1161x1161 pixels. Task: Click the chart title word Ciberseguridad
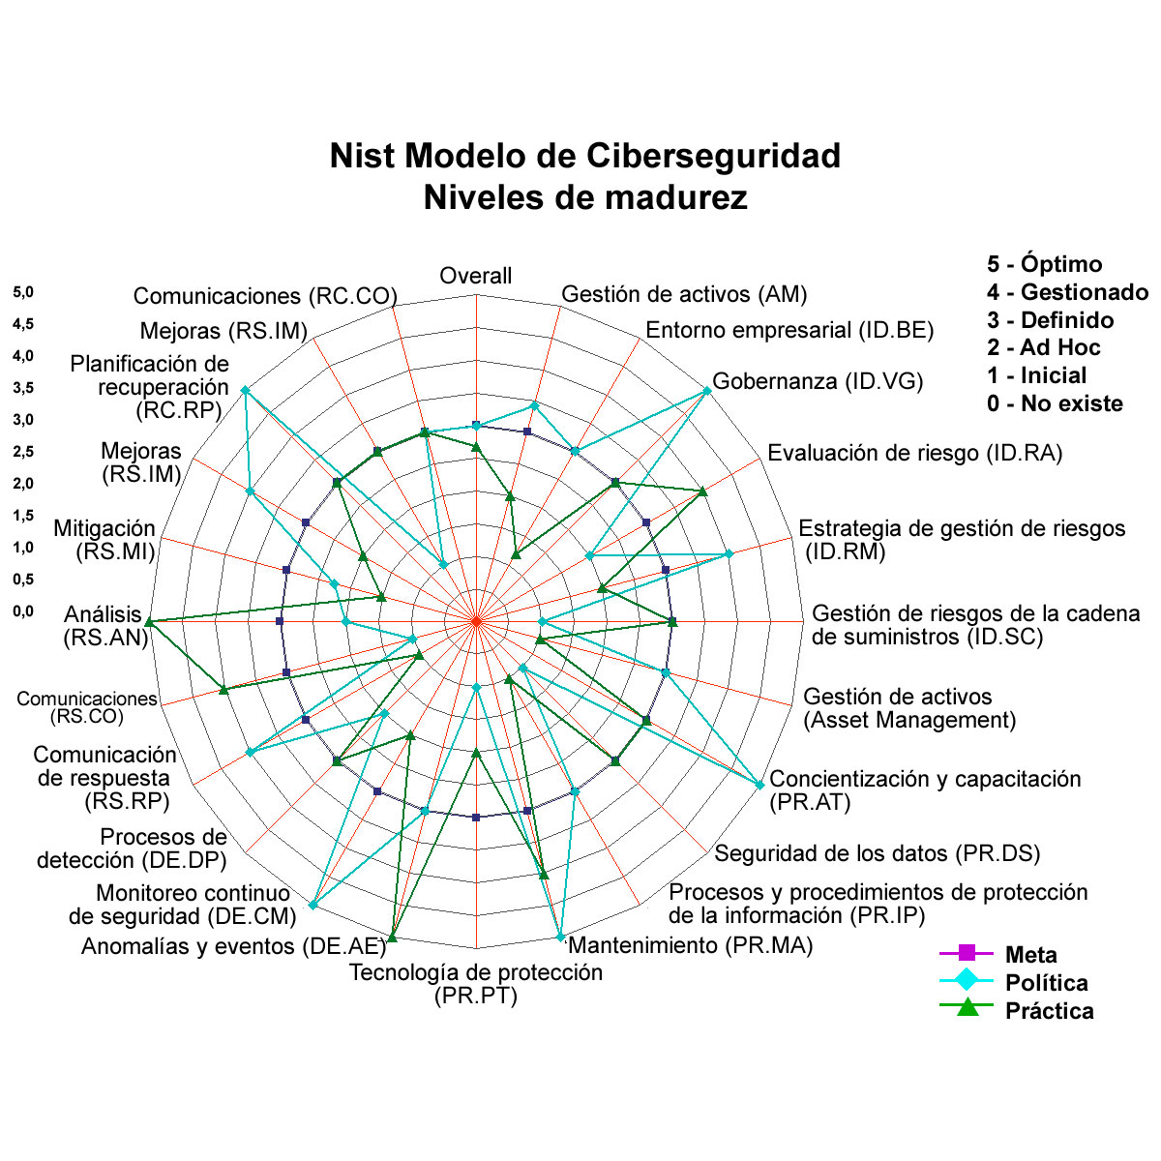click(x=713, y=156)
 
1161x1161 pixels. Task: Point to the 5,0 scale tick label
click(x=23, y=293)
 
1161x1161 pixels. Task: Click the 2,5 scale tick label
click(x=23, y=452)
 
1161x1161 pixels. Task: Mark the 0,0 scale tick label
click(x=23, y=611)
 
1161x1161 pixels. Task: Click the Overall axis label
click(x=475, y=276)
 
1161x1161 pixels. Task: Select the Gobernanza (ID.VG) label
click(x=818, y=381)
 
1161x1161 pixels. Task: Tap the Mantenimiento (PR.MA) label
click(x=691, y=945)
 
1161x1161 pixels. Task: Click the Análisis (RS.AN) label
click(x=106, y=626)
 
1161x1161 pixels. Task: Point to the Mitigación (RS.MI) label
click(x=104, y=540)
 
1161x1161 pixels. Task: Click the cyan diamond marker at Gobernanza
click(x=707, y=391)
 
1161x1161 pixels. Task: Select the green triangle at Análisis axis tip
click(x=149, y=622)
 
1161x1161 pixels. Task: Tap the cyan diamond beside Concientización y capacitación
click(x=759, y=785)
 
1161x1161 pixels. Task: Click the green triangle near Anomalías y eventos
click(x=392, y=938)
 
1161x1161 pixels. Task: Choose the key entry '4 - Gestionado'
click(x=1067, y=292)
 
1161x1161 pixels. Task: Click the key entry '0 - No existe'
click(x=1055, y=403)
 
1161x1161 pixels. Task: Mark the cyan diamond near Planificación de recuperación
click(x=245, y=391)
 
